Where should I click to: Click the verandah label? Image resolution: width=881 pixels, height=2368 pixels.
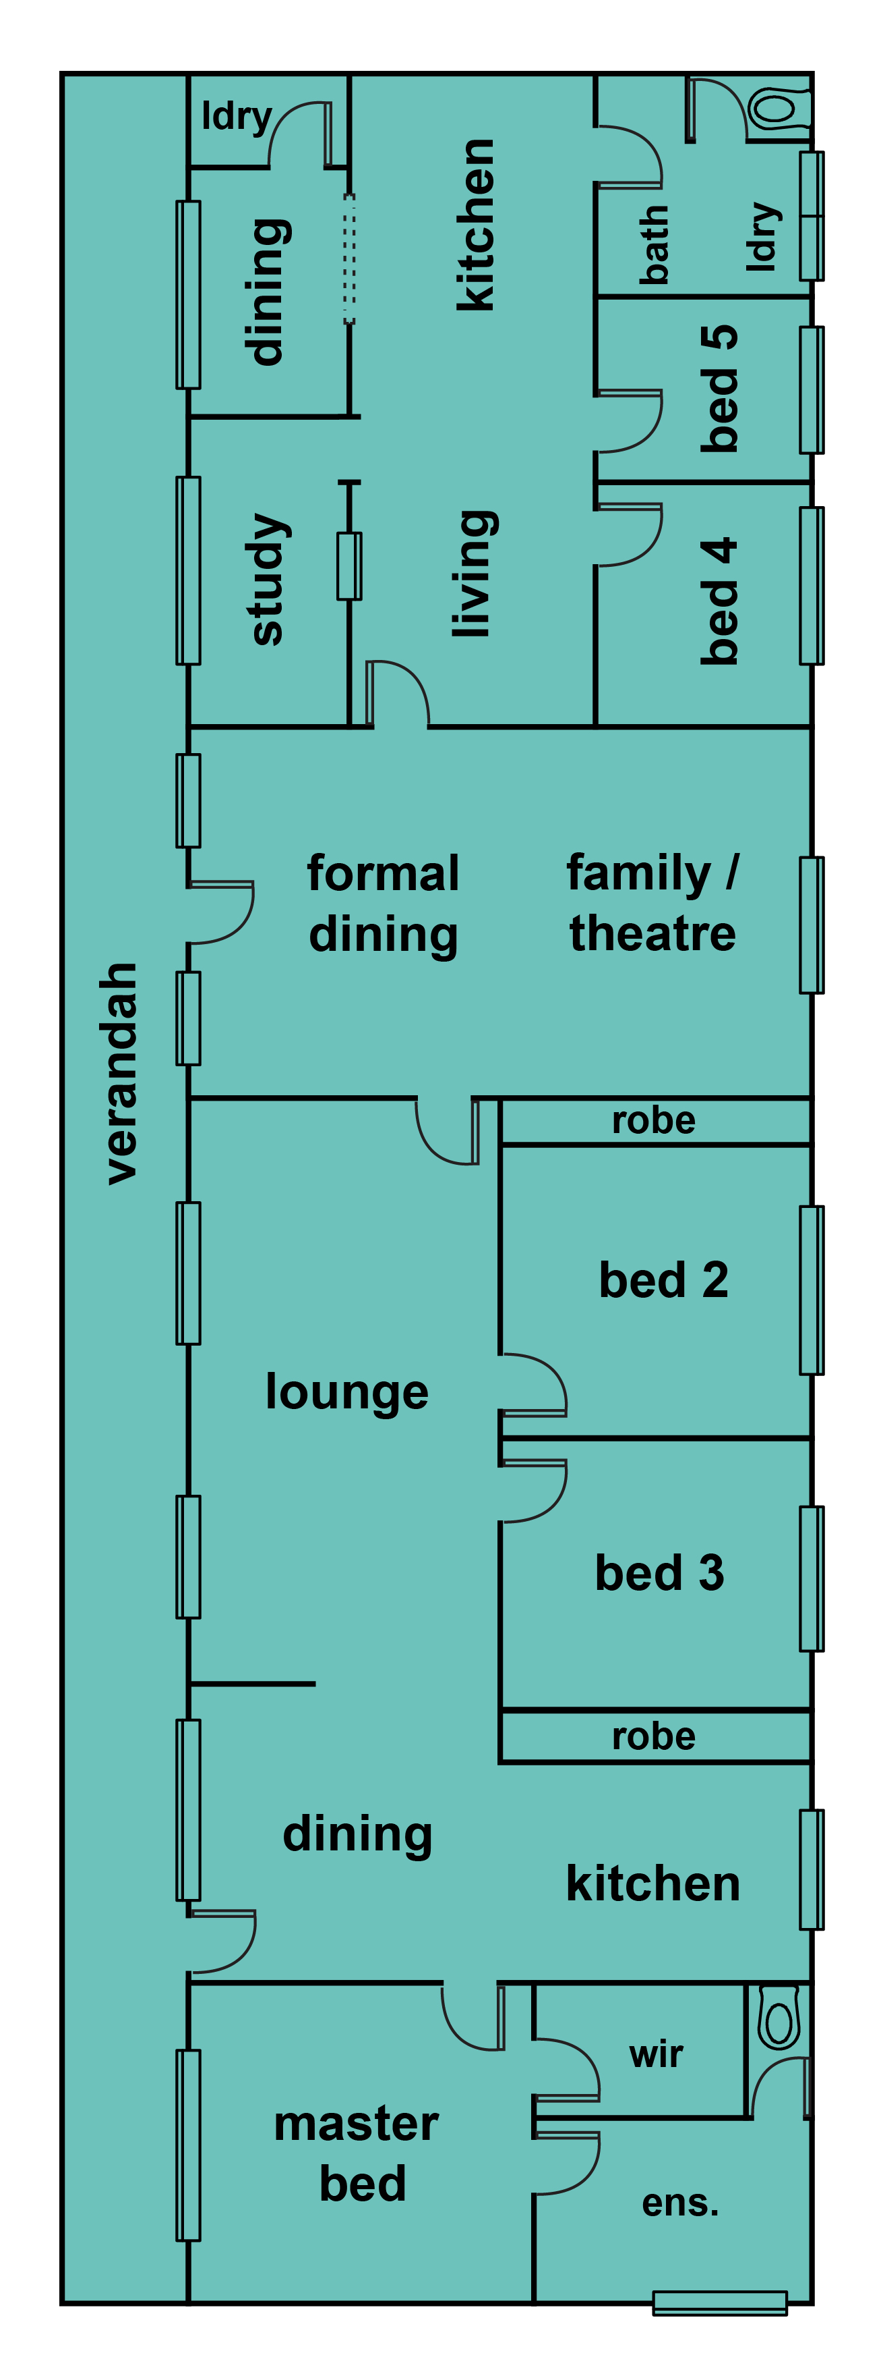[121, 1073]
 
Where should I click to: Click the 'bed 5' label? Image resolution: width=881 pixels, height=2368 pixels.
[719, 388]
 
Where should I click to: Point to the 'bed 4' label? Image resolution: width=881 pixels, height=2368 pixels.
[719, 601]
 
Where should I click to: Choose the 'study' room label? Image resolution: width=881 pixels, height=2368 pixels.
[268, 579]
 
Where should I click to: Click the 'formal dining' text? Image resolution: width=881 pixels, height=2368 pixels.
[383, 904]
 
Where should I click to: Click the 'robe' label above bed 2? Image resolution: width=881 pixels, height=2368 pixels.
[654, 1121]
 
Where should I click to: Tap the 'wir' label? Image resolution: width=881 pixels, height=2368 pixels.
[656, 2054]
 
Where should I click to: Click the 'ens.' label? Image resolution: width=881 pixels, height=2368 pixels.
[680, 2203]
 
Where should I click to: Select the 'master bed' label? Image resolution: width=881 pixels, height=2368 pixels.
[357, 2154]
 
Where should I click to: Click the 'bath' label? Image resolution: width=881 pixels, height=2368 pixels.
[653, 244]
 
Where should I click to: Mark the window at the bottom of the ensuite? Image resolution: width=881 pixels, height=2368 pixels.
[720, 2303]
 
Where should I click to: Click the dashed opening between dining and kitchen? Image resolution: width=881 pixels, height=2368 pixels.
[349, 258]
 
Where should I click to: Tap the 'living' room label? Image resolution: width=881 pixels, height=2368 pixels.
[475, 574]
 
